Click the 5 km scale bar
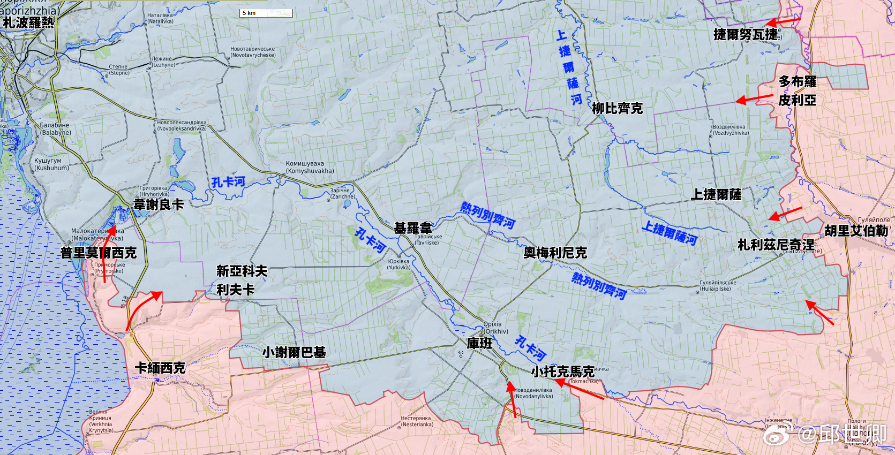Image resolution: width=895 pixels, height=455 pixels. click(266, 13)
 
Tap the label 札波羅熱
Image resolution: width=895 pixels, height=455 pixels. click(28, 22)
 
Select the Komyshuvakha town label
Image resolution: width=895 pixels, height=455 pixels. click(309, 168)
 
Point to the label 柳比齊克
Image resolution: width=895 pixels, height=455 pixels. click(617, 109)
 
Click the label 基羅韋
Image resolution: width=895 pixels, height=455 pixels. click(413, 229)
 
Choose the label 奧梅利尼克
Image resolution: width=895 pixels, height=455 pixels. click(555, 253)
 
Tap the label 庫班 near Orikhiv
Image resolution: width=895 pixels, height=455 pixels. click(479, 343)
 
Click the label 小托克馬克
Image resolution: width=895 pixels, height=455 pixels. click(562, 371)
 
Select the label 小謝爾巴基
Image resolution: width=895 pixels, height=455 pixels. click(294, 352)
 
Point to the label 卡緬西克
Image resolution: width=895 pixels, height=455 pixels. click(160, 368)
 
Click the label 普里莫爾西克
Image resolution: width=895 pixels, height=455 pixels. click(99, 253)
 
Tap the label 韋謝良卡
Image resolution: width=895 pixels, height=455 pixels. click(159, 204)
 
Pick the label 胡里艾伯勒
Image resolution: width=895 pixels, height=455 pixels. click(856, 231)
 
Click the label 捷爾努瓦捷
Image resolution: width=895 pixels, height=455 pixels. click(746, 35)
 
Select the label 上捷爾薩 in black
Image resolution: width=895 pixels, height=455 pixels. click(716, 194)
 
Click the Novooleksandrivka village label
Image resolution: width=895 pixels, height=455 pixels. click(182, 125)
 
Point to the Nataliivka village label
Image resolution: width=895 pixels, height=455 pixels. click(160, 19)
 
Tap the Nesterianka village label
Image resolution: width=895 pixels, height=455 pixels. click(417, 421)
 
